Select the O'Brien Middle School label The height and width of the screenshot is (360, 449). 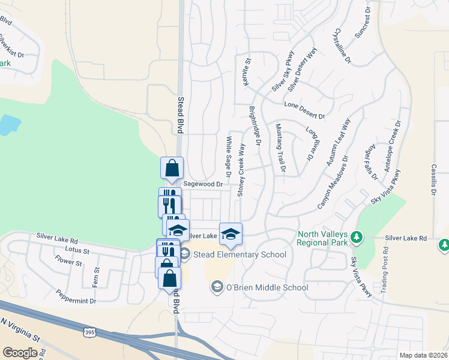267,288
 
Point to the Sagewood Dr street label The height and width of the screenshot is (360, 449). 203,184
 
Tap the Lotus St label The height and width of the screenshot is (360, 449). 77,250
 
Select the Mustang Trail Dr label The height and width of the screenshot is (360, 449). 279,149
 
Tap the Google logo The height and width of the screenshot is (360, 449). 20,353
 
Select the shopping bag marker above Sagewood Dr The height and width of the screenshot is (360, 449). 172,167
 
